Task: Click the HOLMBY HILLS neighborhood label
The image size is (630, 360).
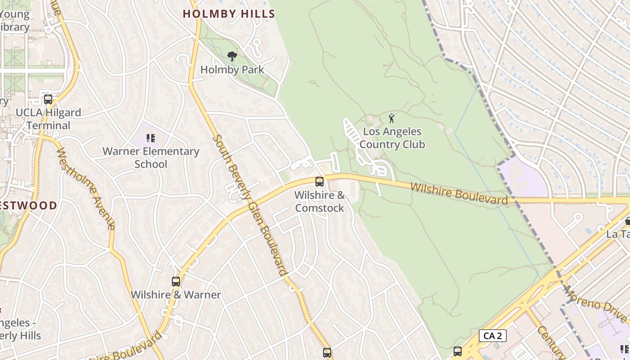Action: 229,14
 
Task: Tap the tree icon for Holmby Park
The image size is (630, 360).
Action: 232,56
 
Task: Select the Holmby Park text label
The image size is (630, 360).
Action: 232,70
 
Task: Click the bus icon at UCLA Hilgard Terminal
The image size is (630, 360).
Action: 48,99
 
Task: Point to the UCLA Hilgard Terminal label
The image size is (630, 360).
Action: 48,119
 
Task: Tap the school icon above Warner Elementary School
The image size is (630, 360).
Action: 151,138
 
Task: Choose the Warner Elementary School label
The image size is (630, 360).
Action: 151,157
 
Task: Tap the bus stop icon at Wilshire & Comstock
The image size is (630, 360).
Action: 319,182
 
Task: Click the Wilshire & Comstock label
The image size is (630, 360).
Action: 319,202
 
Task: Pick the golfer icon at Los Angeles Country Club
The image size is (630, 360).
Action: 391,119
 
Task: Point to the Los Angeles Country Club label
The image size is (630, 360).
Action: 392,138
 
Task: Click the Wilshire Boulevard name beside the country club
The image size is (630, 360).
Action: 459,193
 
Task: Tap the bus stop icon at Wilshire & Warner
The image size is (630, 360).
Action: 176,282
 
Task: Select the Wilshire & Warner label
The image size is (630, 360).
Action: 176,295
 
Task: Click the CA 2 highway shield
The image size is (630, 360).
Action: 492,335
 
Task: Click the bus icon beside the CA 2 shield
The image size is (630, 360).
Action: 458,351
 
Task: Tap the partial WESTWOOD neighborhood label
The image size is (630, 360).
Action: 28,206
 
